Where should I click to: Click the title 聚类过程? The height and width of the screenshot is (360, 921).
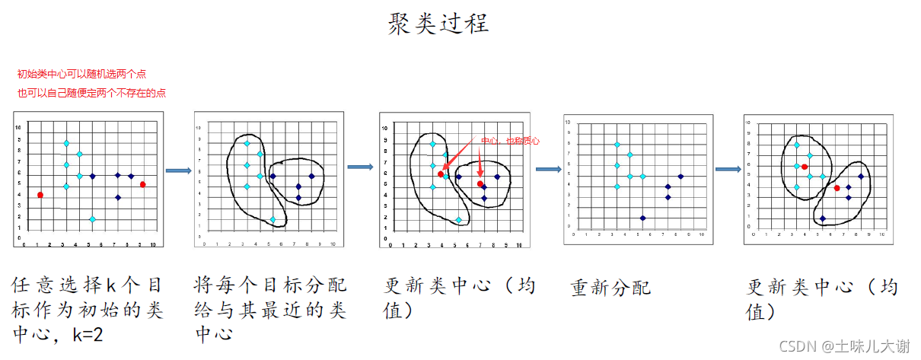tap(437, 22)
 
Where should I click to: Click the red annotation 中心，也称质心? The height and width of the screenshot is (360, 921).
tap(510, 141)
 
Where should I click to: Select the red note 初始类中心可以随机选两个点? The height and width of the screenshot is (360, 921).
tap(81, 74)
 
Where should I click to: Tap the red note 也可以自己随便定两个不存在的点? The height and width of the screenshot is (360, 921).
tap(91, 93)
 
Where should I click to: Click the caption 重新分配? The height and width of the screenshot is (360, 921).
tap(610, 288)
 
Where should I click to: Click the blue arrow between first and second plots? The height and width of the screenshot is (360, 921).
tap(178, 170)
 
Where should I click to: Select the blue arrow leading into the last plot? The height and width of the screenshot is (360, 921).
tap(726, 169)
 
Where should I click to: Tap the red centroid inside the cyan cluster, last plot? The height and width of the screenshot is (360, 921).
tap(805, 167)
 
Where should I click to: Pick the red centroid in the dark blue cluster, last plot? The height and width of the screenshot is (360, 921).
tap(837, 187)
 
